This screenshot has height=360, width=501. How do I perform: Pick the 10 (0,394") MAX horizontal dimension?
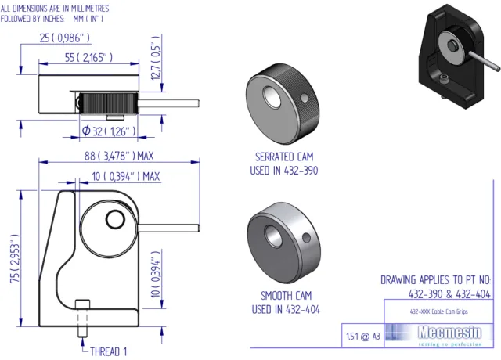point(125,177)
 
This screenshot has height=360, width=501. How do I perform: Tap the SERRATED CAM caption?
point(284,156)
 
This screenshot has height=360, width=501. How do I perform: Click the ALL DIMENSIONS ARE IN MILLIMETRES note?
point(55,6)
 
